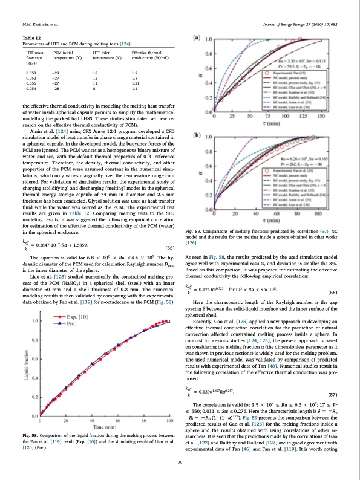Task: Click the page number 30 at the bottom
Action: pyautogui.click(x=180, y=462)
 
